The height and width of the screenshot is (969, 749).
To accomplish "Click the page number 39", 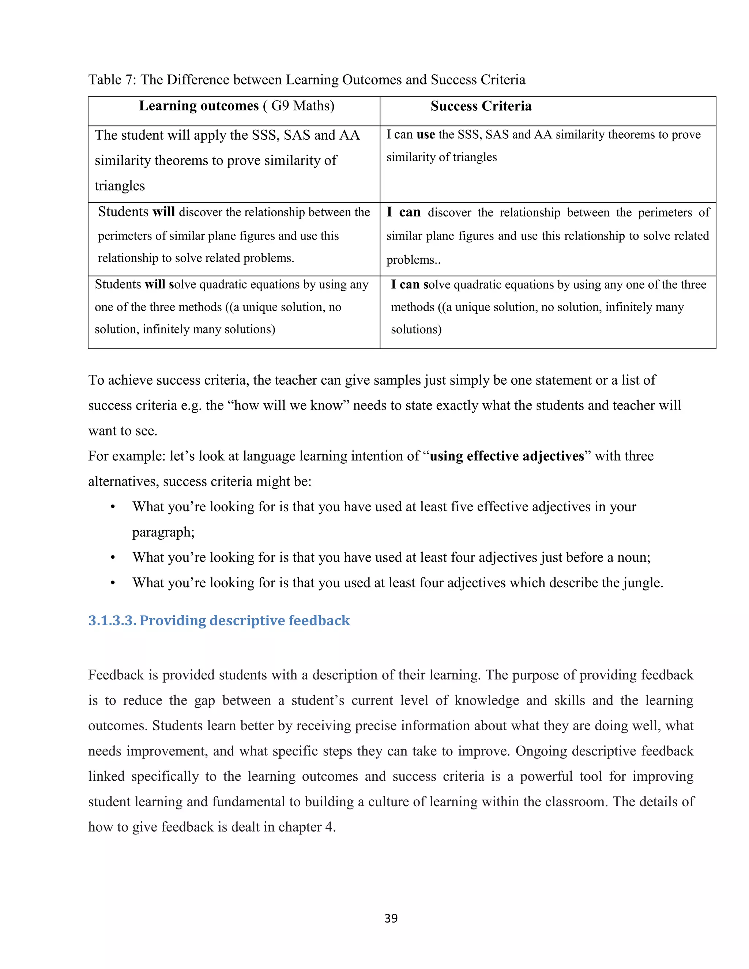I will click(391, 918).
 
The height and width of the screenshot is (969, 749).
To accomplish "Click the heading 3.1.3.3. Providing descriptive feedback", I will click(219, 620).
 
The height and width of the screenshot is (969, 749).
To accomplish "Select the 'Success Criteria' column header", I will click(481, 106).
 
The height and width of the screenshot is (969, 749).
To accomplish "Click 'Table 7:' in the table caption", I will click(112, 80).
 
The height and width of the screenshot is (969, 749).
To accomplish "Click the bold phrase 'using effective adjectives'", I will click(507, 456).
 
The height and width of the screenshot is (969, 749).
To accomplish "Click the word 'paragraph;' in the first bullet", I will click(163, 532).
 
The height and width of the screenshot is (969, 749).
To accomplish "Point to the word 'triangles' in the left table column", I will click(120, 185).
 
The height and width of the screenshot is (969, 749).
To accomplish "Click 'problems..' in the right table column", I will click(413, 260).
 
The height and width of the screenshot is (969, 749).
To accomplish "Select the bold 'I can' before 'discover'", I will click(403, 212).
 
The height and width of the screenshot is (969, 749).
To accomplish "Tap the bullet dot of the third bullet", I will click(113, 583).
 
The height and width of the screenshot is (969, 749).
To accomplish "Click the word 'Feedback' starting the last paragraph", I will click(116, 675).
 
